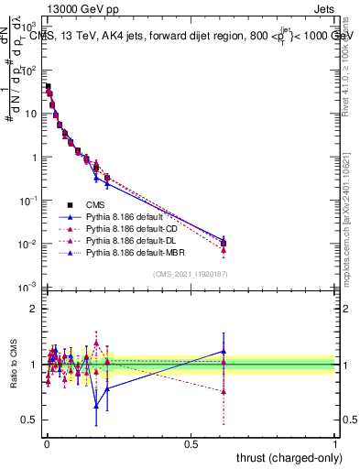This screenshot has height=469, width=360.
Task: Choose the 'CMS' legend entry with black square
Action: tap(94, 203)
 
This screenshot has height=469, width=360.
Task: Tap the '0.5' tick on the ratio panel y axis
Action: tap(29, 420)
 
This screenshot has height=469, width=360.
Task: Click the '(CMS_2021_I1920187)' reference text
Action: tap(191, 272)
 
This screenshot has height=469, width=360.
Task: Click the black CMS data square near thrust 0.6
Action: tap(224, 243)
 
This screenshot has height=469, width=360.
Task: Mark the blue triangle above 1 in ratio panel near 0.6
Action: tap(224, 351)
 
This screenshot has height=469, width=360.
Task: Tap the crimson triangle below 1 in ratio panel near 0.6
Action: tap(224, 391)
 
